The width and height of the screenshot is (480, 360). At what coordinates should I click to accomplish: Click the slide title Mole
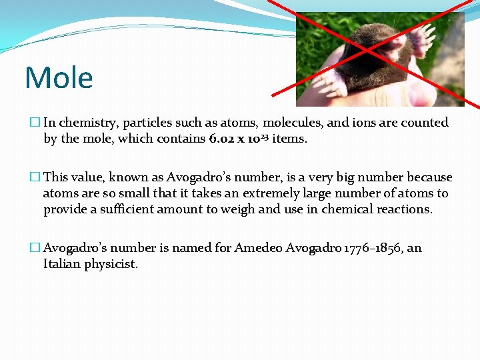tap(59, 78)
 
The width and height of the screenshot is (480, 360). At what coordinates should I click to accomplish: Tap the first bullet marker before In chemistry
tap(35, 123)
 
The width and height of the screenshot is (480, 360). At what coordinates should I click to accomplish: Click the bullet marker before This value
tap(35, 177)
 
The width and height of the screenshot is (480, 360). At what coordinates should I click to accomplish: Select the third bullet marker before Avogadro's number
tap(35, 248)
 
